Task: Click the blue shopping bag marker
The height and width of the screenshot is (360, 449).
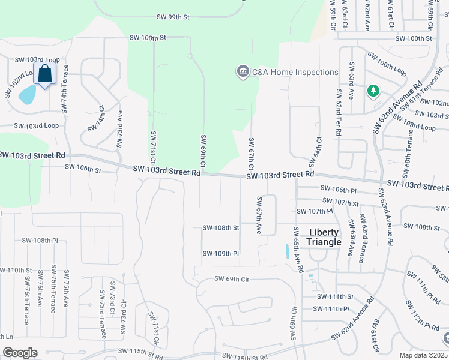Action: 45,74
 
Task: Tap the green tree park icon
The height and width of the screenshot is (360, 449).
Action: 373,91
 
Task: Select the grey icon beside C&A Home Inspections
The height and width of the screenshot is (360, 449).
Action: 243,72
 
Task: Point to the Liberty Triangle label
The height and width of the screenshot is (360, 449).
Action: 324,237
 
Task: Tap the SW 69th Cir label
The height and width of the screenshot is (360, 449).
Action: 232,280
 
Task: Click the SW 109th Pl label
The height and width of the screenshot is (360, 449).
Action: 221,254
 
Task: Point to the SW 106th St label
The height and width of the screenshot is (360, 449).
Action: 83,169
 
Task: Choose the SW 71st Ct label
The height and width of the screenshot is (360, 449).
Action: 153,148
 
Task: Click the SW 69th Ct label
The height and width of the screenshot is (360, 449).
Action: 203,151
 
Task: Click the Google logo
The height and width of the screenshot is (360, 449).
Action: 20,353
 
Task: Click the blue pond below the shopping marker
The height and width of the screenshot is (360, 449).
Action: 27,94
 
